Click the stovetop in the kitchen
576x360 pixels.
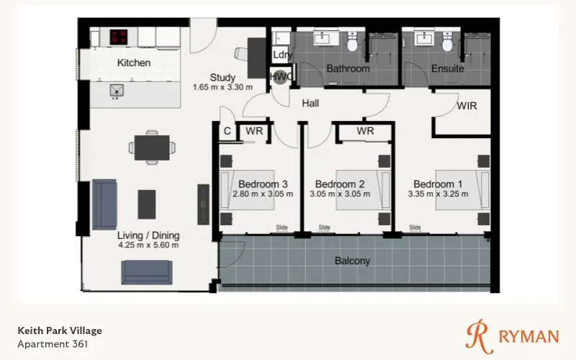[x=119, y=37]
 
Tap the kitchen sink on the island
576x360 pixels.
[x=117, y=91]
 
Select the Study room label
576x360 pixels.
[x=222, y=78]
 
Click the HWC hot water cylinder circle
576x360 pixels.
[x=281, y=77]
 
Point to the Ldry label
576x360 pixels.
[x=282, y=55]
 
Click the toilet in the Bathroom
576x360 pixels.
[x=352, y=42]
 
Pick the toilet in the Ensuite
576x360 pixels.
[x=447, y=42]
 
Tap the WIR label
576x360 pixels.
[x=467, y=106]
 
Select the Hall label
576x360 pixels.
[x=310, y=104]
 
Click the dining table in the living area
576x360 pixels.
[x=152, y=148]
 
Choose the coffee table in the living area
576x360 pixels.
[x=147, y=204]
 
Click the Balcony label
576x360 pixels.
[x=352, y=261]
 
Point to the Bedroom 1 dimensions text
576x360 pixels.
[x=438, y=194]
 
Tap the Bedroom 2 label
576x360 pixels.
[x=340, y=184]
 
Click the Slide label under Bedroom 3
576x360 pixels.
[x=282, y=228]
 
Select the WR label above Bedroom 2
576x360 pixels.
[x=365, y=131]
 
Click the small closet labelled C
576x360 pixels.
[x=227, y=131]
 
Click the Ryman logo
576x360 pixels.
[x=513, y=336]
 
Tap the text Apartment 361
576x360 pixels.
[x=53, y=344]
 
